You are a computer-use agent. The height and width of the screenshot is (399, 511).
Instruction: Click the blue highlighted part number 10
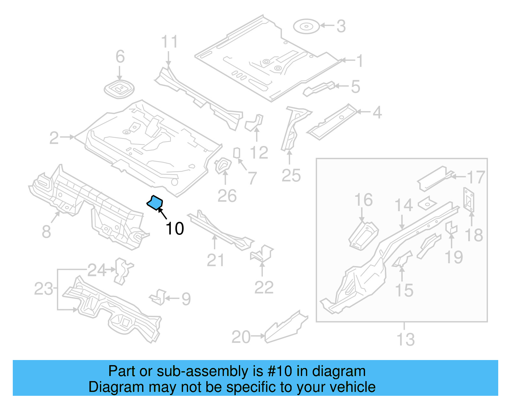point(155,203)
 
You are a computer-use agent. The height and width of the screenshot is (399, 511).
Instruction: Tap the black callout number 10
point(175,229)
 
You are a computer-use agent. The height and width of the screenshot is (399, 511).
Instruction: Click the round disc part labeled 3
point(306,27)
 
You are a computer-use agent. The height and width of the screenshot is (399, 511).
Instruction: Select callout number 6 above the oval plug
point(120,57)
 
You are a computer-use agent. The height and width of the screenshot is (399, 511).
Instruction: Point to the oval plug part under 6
point(119,89)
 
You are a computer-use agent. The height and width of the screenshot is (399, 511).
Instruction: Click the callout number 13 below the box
point(406,340)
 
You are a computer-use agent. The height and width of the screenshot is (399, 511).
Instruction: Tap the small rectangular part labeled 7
point(237,153)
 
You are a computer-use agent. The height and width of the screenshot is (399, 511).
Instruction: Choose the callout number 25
point(291,176)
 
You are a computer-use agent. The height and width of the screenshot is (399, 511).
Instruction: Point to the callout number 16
point(363,200)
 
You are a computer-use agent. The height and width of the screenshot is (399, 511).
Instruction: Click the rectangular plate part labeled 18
point(469,200)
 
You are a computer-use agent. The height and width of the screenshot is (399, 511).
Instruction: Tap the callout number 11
point(169,42)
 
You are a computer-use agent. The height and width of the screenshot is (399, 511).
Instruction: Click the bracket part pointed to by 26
point(223,165)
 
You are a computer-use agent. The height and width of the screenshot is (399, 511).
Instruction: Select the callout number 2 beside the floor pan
point(54,138)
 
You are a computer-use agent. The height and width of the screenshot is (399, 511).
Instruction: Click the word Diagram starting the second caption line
point(108,387)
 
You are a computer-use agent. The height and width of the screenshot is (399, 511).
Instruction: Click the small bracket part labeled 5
point(319,88)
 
